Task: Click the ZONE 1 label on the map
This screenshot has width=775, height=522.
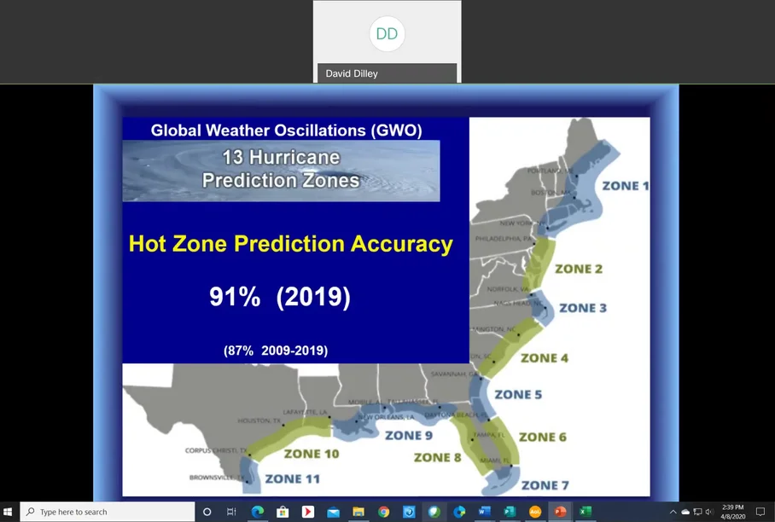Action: (x=626, y=186)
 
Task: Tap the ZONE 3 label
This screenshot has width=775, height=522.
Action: (x=583, y=308)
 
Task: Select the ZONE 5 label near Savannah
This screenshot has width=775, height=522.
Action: (x=518, y=395)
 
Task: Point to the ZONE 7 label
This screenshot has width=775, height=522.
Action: (x=545, y=485)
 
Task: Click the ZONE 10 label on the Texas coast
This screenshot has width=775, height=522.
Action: (x=311, y=454)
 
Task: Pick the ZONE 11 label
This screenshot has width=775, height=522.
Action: (x=292, y=478)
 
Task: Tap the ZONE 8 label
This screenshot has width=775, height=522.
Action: (x=437, y=458)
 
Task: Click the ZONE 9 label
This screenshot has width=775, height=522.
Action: (x=409, y=435)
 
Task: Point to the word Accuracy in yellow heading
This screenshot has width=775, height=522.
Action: (x=402, y=244)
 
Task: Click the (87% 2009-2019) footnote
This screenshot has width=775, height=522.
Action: (x=276, y=350)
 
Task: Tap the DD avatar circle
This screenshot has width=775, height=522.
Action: (x=387, y=34)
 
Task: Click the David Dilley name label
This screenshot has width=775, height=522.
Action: (x=352, y=73)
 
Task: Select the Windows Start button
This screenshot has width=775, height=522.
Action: (x=9, y=512)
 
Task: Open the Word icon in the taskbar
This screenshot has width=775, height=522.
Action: (x=485, y=512)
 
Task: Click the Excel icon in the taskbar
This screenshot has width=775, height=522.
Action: (x=586, y=512)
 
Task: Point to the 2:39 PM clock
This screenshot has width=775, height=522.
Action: (x=732, y=507)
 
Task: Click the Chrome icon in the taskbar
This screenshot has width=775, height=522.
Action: (x=384, y=512)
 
